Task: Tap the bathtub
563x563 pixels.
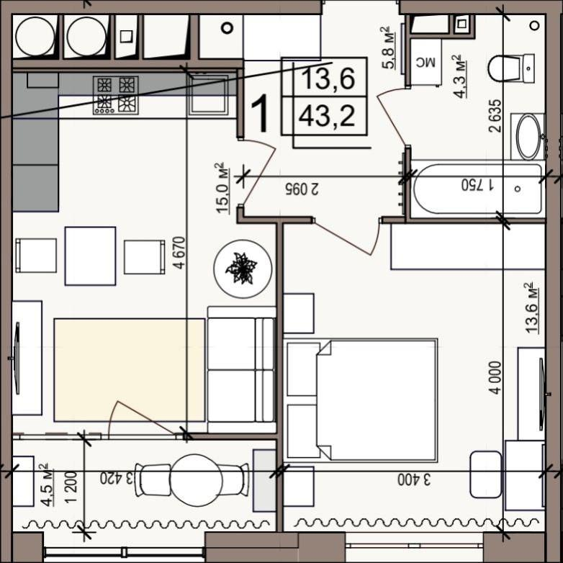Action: point(477,189)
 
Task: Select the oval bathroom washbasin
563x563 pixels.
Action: point(530,137)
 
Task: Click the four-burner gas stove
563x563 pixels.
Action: point(116,95)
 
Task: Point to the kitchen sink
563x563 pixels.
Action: point(209,94)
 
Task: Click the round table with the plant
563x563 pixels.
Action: point(243,269)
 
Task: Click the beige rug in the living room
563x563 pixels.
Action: point(130,370)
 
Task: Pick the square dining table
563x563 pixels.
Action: point(90,256)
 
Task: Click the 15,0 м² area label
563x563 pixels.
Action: point(223,188)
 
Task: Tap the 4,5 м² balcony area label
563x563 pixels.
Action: point(48,485)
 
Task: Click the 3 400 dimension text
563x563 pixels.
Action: point(414,480)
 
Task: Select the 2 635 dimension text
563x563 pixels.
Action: point(495,116)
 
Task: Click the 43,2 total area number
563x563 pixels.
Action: point(327,117)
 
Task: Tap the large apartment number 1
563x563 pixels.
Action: point(260,114)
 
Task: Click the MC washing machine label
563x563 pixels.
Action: point(425,63)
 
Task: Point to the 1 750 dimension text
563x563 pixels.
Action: point(477,185)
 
